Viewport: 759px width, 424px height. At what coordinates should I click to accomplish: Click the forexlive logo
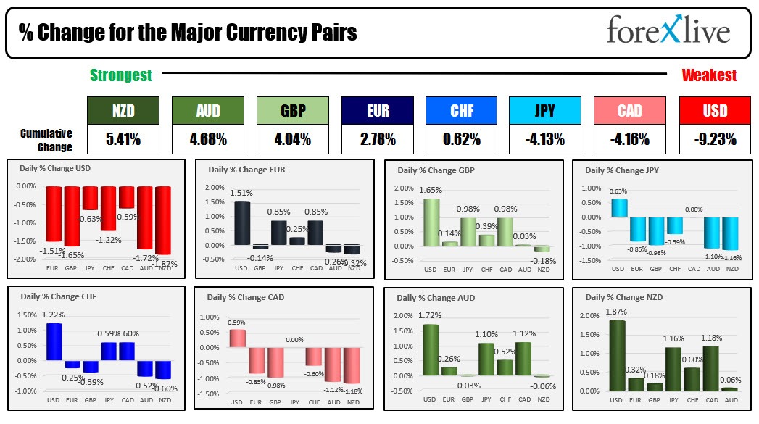click(668, 32)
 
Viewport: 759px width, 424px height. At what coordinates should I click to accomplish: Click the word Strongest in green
click(120, 75)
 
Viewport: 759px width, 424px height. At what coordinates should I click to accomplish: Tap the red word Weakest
click(708, 75)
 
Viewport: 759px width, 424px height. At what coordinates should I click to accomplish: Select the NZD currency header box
click(123, 111)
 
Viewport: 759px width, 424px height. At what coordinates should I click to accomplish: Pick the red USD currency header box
click(715, 111)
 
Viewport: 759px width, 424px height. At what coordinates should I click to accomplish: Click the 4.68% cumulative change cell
click(207, 138)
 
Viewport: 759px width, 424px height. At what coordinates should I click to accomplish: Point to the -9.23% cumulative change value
click(715, 138)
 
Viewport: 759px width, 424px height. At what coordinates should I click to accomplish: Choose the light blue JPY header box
click(544, 111)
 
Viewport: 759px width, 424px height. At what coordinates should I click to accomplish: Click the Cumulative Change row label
click(46, 140)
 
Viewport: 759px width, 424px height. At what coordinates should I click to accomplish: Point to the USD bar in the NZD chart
click(618, 355)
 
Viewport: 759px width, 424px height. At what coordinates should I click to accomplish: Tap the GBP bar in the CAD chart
click(275, 362)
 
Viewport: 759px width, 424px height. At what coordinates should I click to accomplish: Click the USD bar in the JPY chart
click(618, 208)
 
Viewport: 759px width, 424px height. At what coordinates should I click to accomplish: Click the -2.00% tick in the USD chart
click(25, 259)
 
